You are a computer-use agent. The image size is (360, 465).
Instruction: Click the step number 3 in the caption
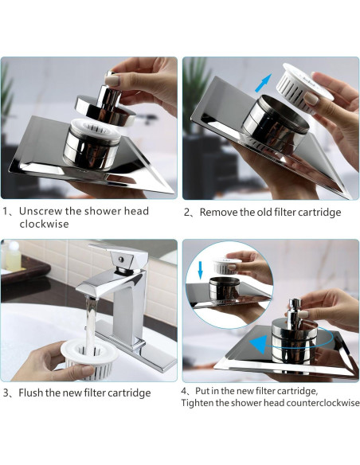tap(6, 393)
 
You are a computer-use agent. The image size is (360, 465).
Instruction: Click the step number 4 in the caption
tap(185, 391)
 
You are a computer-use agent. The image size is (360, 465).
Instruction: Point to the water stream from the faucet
tap(89, 322)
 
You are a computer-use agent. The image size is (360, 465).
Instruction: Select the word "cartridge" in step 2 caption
tap(315, 213)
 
